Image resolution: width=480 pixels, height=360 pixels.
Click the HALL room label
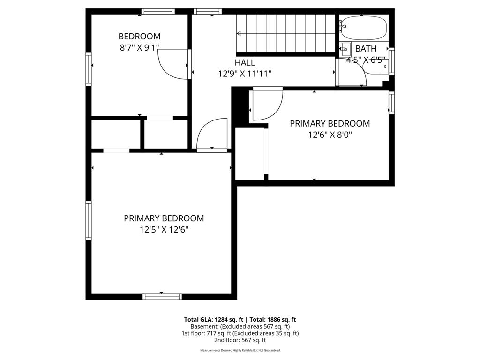pos(245,62)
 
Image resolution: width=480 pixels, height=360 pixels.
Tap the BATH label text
pos(366,48)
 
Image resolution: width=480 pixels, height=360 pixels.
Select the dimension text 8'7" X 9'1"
pos(139,48)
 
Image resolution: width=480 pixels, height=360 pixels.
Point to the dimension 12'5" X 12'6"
pos(164,229)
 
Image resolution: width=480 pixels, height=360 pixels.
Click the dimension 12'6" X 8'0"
pos(330,135)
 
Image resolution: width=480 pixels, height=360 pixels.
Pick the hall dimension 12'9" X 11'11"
pos(245,74)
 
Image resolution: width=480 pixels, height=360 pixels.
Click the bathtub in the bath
pos(364,28)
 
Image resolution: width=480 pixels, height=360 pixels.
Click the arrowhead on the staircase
pos(239,33)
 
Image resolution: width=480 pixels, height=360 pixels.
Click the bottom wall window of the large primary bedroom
pos(162,297)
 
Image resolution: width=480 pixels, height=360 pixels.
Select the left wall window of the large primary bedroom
pos(89,220)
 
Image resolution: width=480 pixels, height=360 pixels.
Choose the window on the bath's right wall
pos(391,61)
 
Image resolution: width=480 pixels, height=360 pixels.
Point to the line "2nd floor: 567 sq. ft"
pos(240,340)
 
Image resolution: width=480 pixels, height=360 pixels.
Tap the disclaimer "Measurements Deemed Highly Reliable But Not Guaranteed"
pos(240,350)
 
